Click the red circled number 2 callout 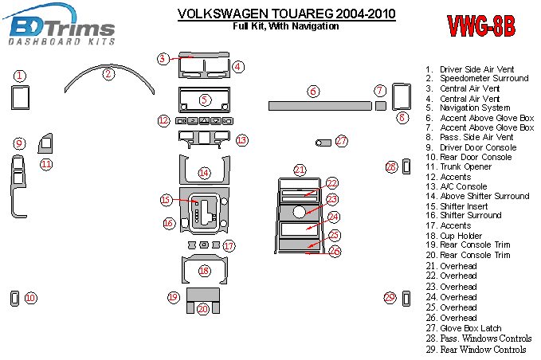pos(108,73)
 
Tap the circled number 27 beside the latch pos(341,141)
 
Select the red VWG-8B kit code pos(481,25)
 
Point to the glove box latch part pos(323,143)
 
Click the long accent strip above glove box pos(320,106)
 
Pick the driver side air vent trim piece pos(21,98)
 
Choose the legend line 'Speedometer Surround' pos(484,78)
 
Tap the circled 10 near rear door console pos(31,298)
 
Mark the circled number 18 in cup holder pos(204,271)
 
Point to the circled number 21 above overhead pos(300,170)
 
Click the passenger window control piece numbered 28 pos(406,167)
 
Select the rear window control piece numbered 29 pos(406,299)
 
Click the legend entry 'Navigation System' pos(475,108)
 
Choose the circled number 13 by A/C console pos(242,140)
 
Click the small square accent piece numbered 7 pos(381,106)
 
